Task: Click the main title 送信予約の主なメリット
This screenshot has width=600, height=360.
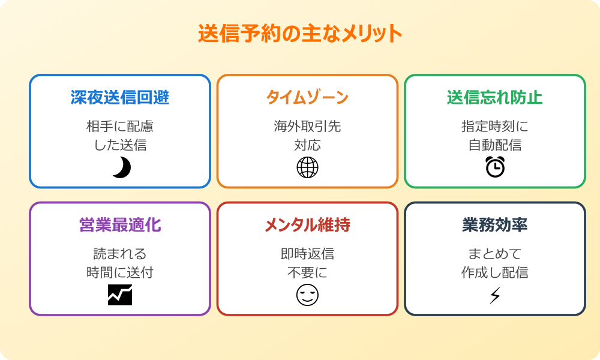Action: click(300, 34)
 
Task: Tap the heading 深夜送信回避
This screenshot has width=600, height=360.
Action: click(120, 98)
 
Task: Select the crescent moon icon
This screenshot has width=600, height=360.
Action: click(121, 168)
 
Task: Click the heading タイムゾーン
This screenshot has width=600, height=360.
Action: click(307, 98)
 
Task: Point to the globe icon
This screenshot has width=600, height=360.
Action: click(307, 168)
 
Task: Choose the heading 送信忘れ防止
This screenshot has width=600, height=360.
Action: click(494, 98)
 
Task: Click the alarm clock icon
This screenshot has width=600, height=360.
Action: click(495, 167)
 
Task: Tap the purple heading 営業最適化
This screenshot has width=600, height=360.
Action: click(120, 225)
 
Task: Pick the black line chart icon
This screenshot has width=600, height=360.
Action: click(120, 295)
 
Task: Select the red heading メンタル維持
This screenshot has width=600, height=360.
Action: click(307, 225)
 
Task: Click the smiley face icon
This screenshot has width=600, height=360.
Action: click(307, 295)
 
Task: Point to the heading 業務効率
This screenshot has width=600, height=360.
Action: click(494, 225)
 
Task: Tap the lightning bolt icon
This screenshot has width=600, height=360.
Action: click(495, 295)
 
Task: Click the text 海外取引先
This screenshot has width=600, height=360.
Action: click(307, 127)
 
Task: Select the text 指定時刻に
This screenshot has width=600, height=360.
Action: click(494, 127)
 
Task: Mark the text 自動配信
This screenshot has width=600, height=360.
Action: click(494, 145)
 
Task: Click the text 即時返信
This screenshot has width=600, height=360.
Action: click(307, 254)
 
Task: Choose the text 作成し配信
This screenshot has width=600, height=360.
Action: click(494, 272)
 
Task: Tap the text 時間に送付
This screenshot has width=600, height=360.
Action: click(120, 272)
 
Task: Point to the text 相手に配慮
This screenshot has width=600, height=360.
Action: click(120, 127)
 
